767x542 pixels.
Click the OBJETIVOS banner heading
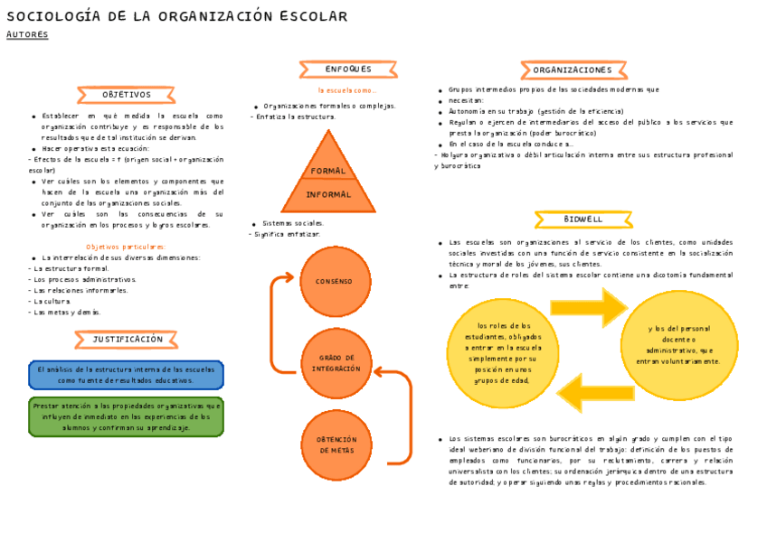coord(126,95)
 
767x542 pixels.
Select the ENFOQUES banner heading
coord(348,70)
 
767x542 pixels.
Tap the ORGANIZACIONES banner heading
coord(573,70)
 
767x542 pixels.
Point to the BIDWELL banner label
coord(582,220)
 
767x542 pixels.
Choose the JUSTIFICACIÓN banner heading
coord(128,340)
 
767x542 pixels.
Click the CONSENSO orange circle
coord(335,282)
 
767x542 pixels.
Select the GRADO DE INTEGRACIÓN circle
coord(336,364)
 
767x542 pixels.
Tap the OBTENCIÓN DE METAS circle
coord(336,444)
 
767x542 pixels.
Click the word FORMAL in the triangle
coord(328,171)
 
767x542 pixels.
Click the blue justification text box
coord(126,375)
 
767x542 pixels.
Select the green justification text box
coord(126,416)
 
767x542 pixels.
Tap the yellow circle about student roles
coord(503,353)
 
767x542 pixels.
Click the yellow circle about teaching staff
coord(679,344)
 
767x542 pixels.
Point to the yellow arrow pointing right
coord(588,307)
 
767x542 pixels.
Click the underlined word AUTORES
coord(27,35)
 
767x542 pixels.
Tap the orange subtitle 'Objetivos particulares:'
coord(126,247)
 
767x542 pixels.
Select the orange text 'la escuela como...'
coord(346,91)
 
